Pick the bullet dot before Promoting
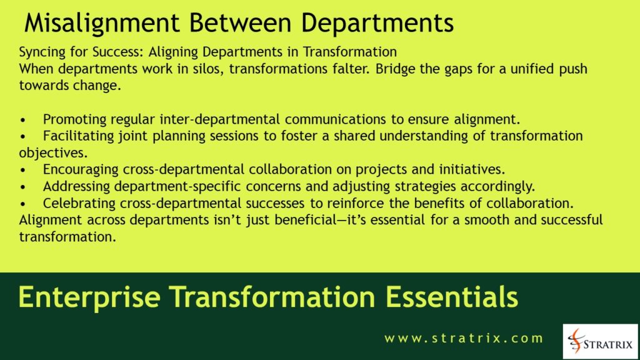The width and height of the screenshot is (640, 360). click(23, 119)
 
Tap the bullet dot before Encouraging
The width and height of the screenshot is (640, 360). click(23, 170)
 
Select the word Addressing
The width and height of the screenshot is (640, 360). click(72, 187)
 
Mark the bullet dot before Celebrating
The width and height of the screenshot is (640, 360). click(23, 204)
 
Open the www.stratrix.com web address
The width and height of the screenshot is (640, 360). click(464, 339)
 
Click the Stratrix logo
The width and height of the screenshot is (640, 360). click(600, 341)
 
